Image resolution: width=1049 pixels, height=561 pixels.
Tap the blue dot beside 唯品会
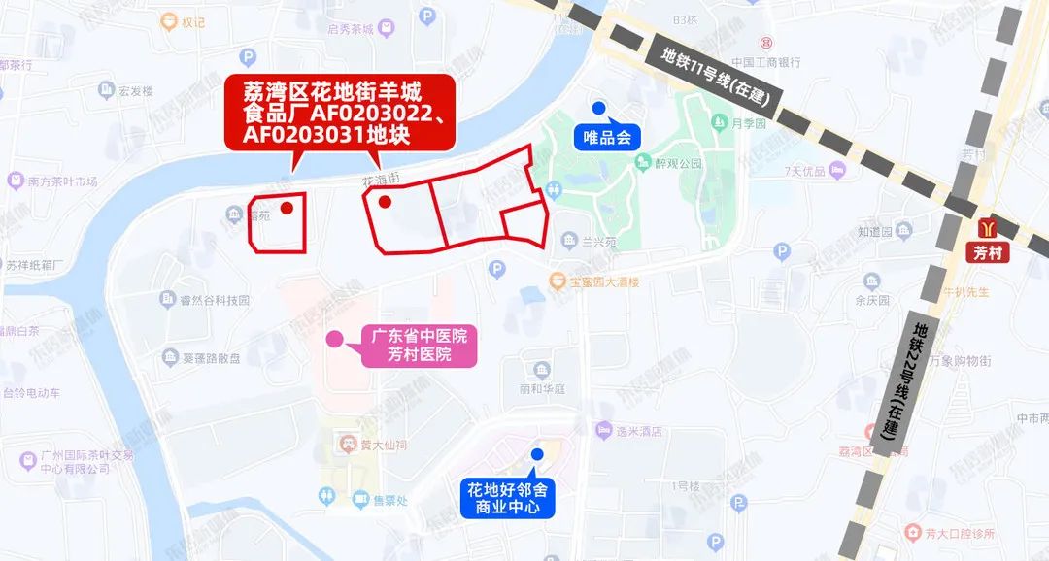click(x=599, y=108)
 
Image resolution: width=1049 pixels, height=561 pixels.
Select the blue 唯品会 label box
click(x=608, y=137)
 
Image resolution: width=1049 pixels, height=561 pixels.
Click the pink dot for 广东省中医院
click(x=333, y=339)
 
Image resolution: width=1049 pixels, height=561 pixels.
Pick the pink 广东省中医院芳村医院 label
click(x=420, y=346)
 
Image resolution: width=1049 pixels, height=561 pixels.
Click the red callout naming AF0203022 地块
click(x=340, y=114)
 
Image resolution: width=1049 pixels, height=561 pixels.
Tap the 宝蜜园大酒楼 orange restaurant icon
click(x=558, y=281)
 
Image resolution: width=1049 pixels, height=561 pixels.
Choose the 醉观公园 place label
click(x=678, y=164)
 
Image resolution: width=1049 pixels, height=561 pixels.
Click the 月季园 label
click(x=749, y=124)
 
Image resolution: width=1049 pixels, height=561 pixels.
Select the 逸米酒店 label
click(x=641, y=431)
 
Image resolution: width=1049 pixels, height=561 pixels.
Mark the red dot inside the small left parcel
click(x=287, y=207)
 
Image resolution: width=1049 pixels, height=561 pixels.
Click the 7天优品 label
click(x=805, y=172)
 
